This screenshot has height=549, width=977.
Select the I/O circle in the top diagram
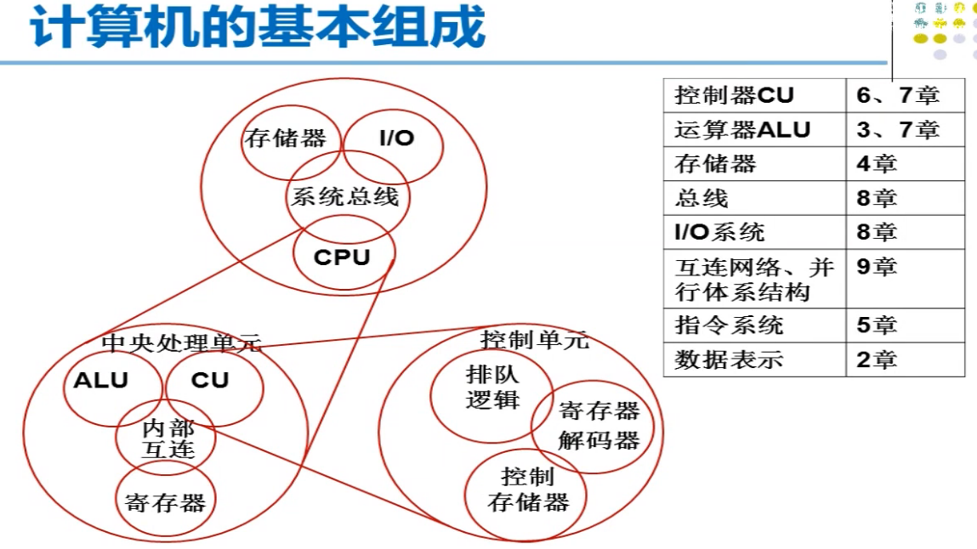coord(396,138)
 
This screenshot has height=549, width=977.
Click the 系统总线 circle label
coord(344,197)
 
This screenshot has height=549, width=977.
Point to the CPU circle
coord(342,256)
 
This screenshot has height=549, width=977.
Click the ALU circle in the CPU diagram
coord(101,380)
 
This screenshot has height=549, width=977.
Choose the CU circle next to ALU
coord(210,380)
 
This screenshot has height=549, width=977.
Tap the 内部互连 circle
coord(168,438)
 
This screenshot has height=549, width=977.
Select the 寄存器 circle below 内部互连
coord(165,502)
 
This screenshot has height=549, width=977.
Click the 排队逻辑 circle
coord(492,387)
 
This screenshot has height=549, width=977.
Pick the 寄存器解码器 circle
coord(599,426)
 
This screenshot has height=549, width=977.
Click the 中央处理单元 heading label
coord(181,342)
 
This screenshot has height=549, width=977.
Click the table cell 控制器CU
coord(753,95)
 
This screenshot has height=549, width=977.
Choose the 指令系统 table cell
coord(753,325)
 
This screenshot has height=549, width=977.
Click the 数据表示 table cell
coord(753,359)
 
